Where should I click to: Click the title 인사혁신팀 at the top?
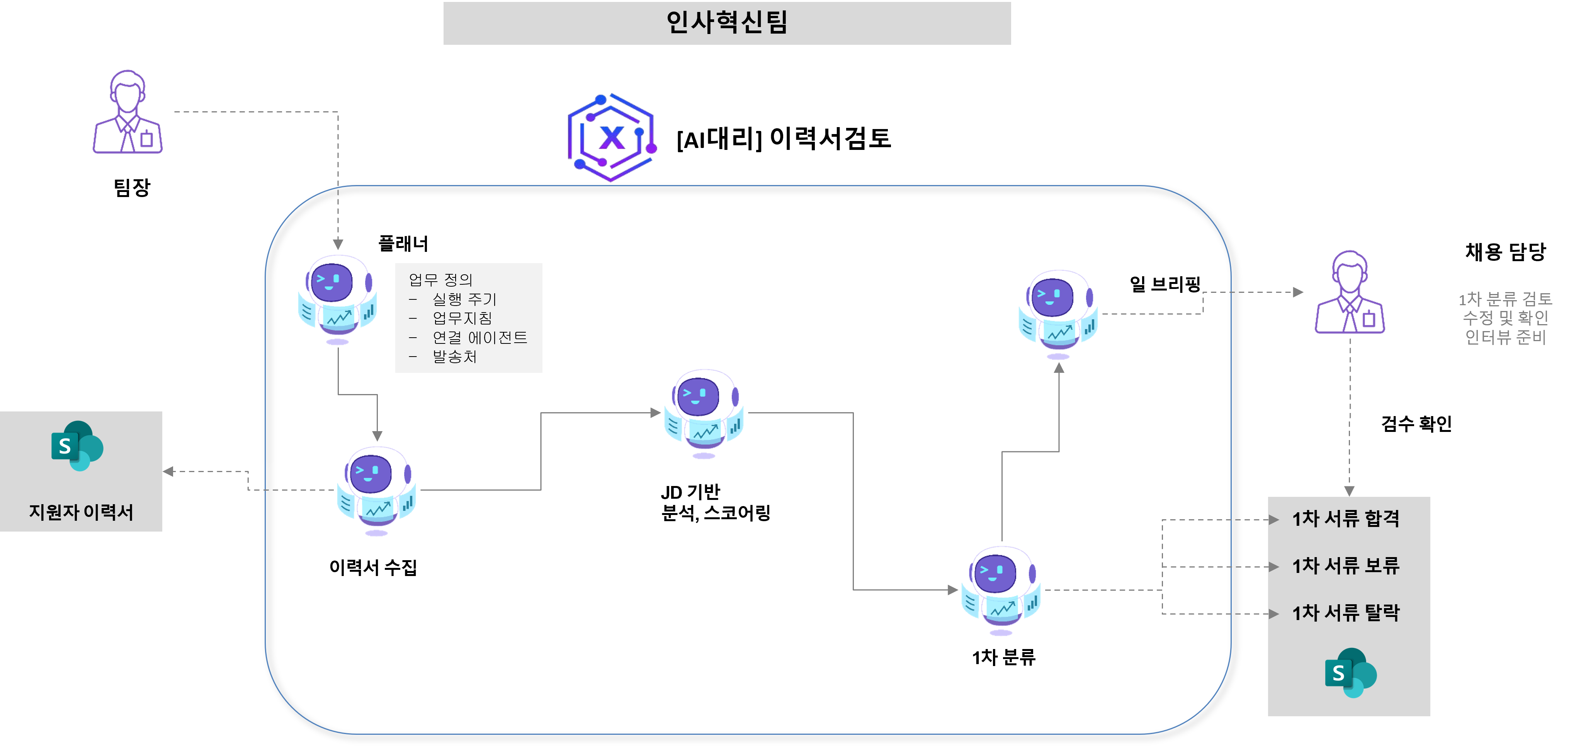(x=727, y=22)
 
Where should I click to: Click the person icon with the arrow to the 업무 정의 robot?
(x=128, y=112)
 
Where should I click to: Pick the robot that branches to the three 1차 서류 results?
(x=1001, y=590)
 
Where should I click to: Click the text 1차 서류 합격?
(x=1346, y=518)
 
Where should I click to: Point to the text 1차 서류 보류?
(x=1346, y=565)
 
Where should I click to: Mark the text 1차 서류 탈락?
(x=1346, y=612)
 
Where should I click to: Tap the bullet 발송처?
(x=454, y=357)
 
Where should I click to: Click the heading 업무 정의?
(x=440, y=280)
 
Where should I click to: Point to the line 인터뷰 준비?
(x=1505, y=337)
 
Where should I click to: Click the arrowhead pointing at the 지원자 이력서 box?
(x=168, y=471)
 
